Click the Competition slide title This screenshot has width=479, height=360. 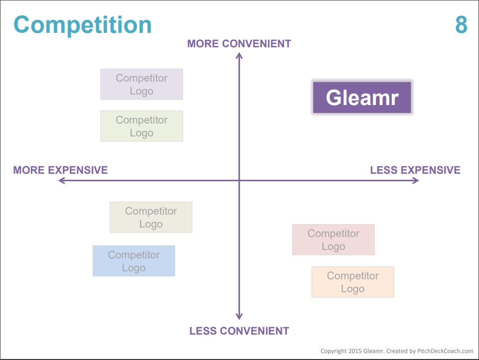pos(83,25)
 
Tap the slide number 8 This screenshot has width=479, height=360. pos(461,25)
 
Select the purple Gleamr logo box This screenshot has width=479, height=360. pos(362,98)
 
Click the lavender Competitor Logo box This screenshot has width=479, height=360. pos(142,84)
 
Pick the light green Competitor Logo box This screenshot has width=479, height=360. pos(142,126)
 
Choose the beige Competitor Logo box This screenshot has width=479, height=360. pos(151,217)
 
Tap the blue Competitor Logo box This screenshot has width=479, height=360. pos(134,261)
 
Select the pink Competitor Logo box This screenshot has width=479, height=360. pos(333,240)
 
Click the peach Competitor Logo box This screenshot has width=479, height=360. pos(353,282)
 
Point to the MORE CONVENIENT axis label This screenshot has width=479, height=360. pos(239,44)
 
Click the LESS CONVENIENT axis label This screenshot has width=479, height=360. pos(239,331)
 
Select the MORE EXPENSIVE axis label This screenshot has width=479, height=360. pos(60,170)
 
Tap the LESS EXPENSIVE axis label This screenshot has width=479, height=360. pos(415,170)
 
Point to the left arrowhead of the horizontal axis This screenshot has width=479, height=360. pos(59,181)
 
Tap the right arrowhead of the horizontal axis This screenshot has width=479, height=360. pos(418,181)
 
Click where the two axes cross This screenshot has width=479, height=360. pos(239,181)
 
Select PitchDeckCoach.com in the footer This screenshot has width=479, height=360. pos(445,351)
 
